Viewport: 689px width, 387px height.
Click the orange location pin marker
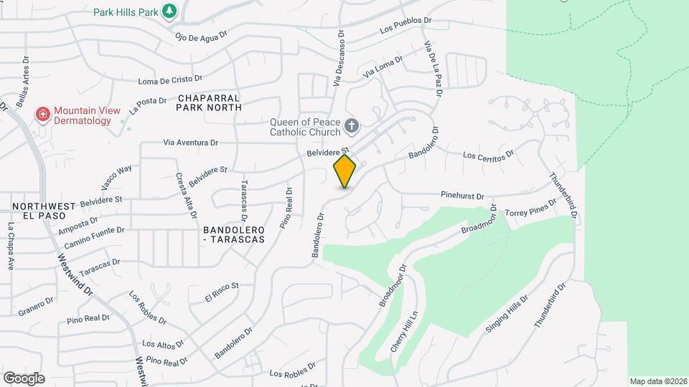click(345, 171)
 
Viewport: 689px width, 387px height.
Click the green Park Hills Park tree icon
click(169, 11)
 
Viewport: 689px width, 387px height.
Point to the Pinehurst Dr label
click(463, 195)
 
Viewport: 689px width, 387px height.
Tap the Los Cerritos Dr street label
click(489, 154)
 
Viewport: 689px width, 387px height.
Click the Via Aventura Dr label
click(190, 143)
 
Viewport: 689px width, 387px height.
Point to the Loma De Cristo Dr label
click(170, 80)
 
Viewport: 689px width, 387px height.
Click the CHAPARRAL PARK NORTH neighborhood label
click(208, 102)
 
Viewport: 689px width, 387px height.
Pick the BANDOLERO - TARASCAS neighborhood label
click(234, 234)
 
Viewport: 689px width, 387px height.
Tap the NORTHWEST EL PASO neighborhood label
click(43, 211)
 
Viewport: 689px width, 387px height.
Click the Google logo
click(24, 378)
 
